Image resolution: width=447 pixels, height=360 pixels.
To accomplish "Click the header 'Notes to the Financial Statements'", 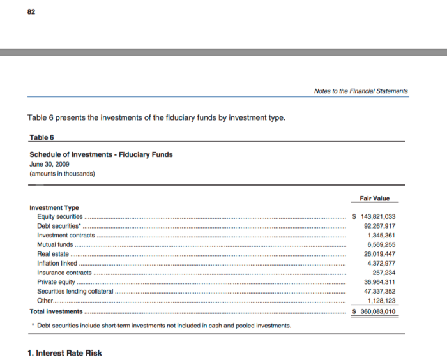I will tap(360, 91).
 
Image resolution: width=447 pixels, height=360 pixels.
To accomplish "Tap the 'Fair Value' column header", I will tap(376, 198).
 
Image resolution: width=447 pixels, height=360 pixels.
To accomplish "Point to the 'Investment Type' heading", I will tap(54, 207).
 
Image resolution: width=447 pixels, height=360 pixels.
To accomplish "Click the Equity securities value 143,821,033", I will tap(376, 216).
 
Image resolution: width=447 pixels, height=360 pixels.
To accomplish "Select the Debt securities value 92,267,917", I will tap(379, 226).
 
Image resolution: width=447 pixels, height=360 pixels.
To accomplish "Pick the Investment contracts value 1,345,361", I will tap(381, 235).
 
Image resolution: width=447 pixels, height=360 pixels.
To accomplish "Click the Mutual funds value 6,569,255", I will tap(381, 244).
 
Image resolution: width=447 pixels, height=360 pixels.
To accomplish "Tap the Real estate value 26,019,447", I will tap(379, 254).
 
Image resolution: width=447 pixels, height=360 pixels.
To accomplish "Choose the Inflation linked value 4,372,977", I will tap(381, 263).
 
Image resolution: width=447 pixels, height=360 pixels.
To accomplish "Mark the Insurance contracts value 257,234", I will tap(384, 273).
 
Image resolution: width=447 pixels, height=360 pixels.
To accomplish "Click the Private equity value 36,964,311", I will tap(379, 282).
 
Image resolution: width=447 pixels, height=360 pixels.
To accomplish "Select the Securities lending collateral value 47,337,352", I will tap(379, 291).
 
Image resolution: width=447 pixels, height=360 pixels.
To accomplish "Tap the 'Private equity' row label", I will tap(56, 282).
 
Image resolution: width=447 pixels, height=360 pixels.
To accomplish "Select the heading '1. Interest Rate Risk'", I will tap(64, 353).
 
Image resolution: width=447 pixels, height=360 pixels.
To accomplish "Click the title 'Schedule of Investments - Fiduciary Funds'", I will tap(101, 154).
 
